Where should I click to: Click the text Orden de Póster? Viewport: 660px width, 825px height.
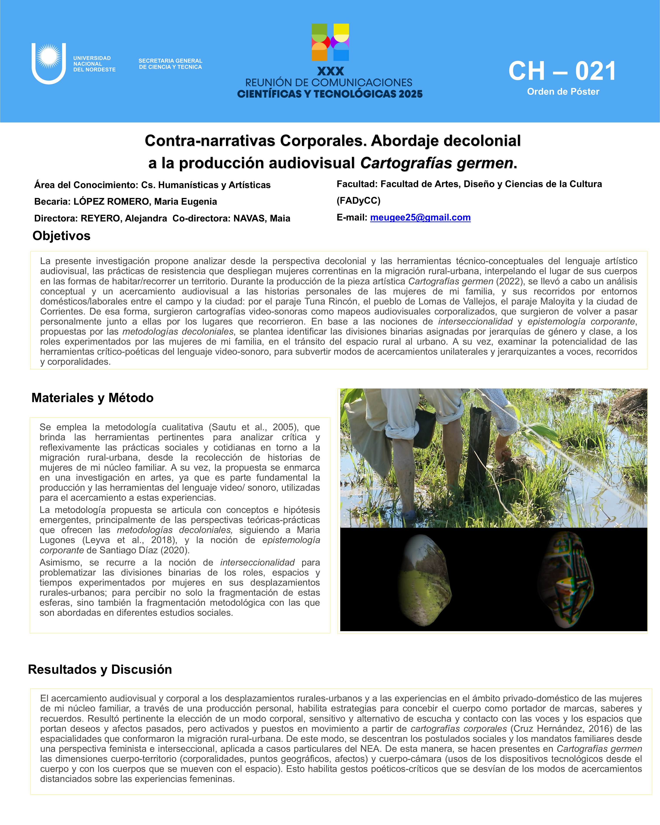tap(563, 92)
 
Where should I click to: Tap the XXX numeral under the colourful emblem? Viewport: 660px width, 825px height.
tap(331, 71)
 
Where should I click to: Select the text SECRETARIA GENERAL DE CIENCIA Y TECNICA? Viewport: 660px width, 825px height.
tap(170, 64)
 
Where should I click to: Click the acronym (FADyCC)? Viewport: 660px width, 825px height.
tap(359, 201)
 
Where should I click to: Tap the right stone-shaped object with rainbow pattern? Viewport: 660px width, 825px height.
tap(565, 580)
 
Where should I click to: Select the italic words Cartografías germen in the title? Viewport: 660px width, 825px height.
tap(437, 163)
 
